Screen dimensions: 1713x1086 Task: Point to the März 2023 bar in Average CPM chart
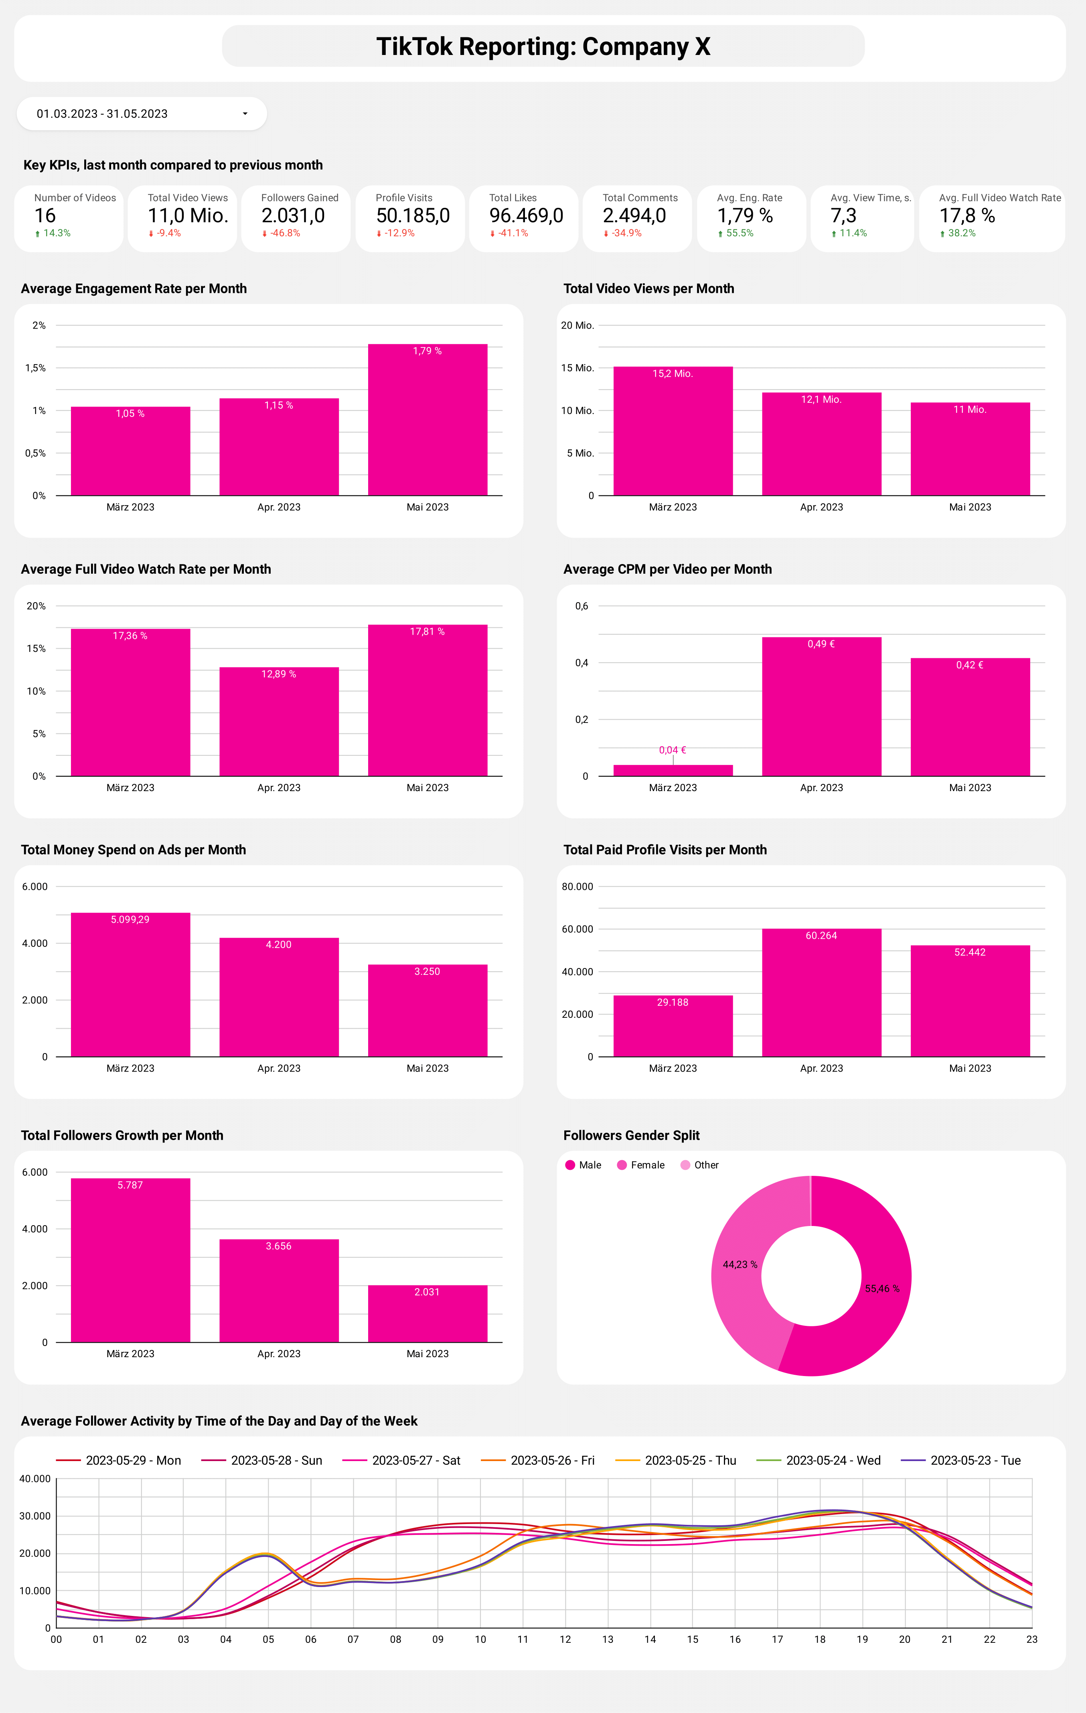pyautogui.click(x=673, y=770)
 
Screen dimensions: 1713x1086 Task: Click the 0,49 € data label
pyautogui.click(x=821, y=644)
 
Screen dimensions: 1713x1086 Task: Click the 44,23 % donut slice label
pyautogui.click(x=740, y=1264)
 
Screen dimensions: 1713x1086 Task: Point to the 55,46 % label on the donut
pyautogui.click(x=882, y=1288)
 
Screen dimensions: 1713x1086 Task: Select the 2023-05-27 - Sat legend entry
pyautogui.click(x=402, y=1460)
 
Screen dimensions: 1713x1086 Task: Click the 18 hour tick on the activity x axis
pyautogui.click(x=820, y=1639)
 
